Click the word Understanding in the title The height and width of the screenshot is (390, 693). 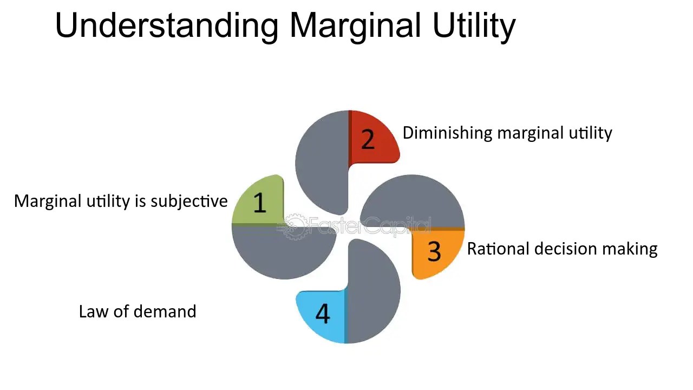(x=167, y=25)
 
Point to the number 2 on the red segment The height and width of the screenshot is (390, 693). (x=368, y=139)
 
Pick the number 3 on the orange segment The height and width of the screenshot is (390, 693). (x=434, y=251)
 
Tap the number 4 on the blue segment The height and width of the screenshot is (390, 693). (x=322, y=314)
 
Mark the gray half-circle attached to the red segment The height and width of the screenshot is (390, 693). (x=322, y=162)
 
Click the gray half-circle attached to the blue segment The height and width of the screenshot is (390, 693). (x=372, y=292)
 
